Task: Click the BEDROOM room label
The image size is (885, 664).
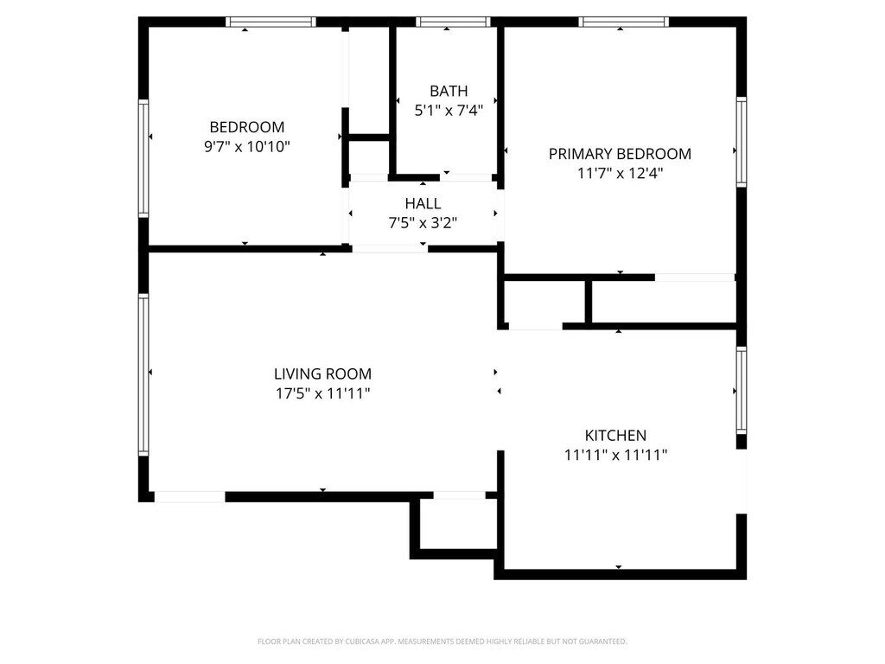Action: click(x=246, y=127)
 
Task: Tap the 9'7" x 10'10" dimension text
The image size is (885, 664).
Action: click(x=246, y=147)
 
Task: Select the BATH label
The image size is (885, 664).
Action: click(x=449, y=91)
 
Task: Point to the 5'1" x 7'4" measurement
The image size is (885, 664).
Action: click(x=449, y=111)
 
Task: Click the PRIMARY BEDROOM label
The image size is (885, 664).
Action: click(x=620, y=154)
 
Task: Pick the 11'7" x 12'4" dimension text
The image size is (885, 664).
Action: click(x=620, y=173)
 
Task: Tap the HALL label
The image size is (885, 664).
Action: click(x=423, y=203)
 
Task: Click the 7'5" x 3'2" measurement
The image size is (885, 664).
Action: click(x=423, y=223)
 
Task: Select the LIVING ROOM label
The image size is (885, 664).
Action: click(x=322, y=373)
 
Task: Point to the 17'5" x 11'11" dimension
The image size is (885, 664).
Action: click(x=322, y=393)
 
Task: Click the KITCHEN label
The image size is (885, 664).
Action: click(x=615, y=436)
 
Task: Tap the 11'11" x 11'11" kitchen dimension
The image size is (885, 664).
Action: click(x=615, y=455)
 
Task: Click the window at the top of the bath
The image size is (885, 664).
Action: click(x=453, y=22)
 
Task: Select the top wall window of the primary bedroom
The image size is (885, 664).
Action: click(x=624, y=22)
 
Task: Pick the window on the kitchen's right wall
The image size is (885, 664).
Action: click(x=741, y=390)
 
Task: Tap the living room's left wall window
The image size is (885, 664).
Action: click(x=143, y=374)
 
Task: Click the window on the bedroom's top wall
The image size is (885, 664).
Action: click(x=271, y=22)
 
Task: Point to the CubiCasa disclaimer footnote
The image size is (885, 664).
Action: click(x=442, y=642)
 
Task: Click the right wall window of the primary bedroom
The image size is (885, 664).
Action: click(x=741, y=142)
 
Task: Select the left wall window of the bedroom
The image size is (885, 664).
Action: click(x=143, y=158)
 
